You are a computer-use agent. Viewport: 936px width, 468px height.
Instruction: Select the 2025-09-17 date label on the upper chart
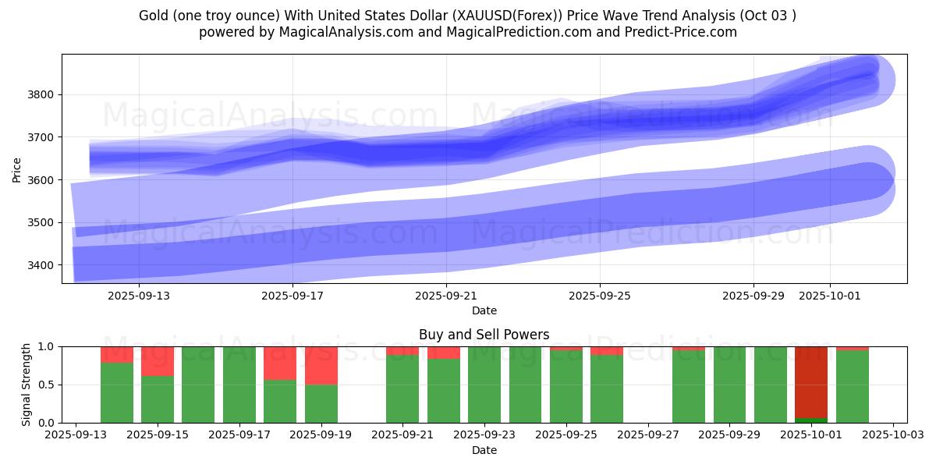(292, 296)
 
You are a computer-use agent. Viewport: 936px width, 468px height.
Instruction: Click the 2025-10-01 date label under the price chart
(829, 296)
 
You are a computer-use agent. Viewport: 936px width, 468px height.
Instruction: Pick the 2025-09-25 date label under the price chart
(600, 296)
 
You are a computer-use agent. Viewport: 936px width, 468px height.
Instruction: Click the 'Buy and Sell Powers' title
(484, 335)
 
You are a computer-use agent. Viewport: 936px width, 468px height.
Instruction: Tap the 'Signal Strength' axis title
(26, 385)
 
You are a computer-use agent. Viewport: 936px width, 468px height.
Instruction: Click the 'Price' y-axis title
(17, 169)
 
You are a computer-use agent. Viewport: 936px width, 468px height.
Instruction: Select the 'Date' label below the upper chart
(484, 310)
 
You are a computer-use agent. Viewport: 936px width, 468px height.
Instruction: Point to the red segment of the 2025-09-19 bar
(321, 365)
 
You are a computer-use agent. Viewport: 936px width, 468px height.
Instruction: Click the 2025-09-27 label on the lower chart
(647, 435)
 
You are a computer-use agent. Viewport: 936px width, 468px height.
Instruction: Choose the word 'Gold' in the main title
(153, 16)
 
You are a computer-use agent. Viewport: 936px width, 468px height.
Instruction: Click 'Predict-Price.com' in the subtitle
(685, 32)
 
